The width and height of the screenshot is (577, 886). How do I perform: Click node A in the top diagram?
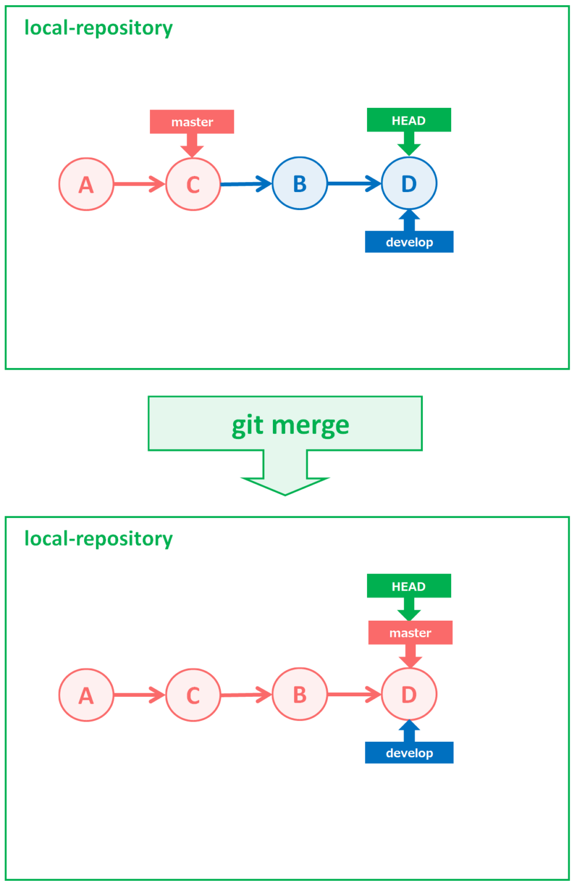pos(86,185)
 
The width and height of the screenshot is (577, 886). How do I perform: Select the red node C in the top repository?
pos(193,185)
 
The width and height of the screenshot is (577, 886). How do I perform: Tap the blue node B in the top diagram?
pos(299,183)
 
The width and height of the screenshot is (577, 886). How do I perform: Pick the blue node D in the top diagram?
pos(409,183)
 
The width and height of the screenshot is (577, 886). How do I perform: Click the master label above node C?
pos(192,122)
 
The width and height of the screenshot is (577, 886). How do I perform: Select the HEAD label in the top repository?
pos(409,120)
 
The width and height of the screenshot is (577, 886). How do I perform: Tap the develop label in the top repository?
pos(409,242)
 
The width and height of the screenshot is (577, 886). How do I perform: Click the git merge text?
pos(290,425)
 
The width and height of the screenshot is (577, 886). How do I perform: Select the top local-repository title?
pos(98,28)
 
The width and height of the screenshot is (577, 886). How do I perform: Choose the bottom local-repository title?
pos(98,539)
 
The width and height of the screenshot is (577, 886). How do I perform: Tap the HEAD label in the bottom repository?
pos(409,586)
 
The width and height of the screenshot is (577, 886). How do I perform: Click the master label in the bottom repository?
pos(410,633)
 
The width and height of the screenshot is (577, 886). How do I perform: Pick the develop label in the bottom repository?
pos(409,753)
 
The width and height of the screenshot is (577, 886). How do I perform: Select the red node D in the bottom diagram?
pos(409,694)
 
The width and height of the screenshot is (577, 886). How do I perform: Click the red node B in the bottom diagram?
pos(299,694)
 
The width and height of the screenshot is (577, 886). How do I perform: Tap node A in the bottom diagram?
pos(86,695)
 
